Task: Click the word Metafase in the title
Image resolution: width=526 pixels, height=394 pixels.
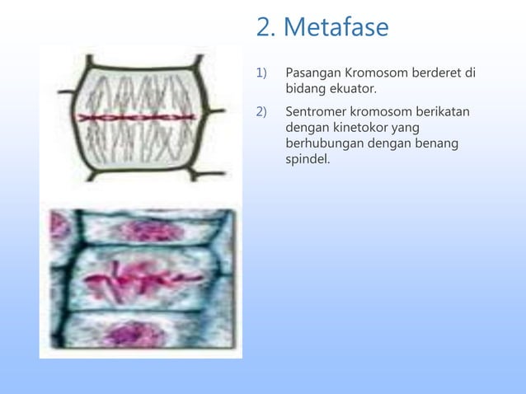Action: click(336, 28)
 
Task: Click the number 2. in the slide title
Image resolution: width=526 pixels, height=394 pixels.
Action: click(265, 28)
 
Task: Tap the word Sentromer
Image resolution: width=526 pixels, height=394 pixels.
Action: click(317, 110)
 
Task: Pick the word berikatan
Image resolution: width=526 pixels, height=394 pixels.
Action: click(442, 110)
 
